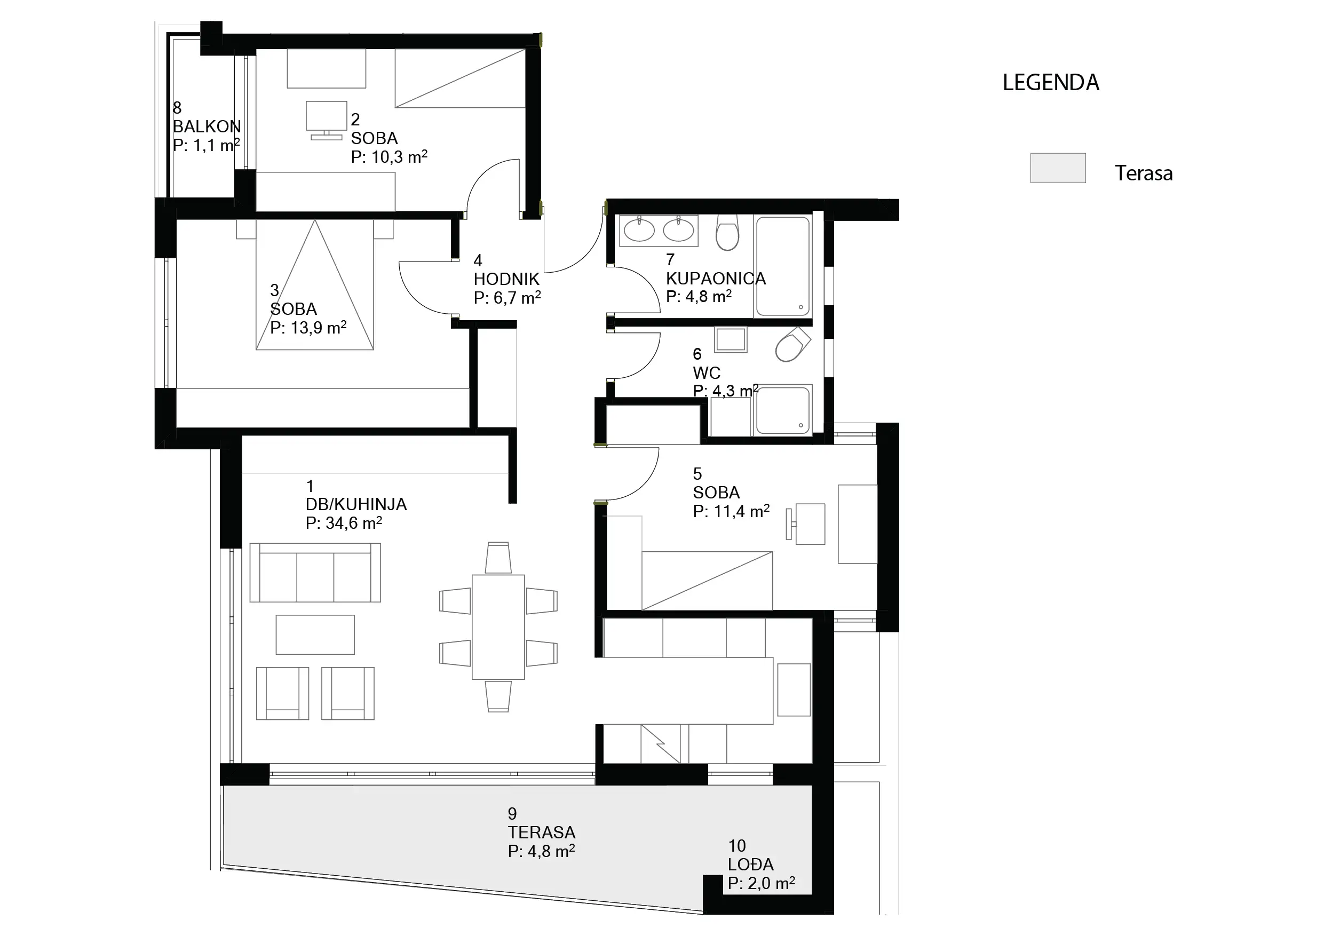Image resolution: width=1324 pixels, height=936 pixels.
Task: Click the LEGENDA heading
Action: coord(1051,83)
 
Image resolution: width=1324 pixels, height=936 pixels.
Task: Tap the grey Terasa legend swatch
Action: coord(1058,168)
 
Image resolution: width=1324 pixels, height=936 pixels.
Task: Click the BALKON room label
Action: coord(207,126)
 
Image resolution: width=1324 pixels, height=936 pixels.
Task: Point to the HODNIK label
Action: coord(506,279)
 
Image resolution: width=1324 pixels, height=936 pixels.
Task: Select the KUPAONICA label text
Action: coord(716,279)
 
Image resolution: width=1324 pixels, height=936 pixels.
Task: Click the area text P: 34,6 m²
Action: coord(344,522)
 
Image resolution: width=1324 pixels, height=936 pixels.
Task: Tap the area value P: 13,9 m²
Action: coord(308,328)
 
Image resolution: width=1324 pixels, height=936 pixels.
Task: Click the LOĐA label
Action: coord(751,864)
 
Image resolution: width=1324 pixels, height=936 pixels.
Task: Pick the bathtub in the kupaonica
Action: coord(782,266)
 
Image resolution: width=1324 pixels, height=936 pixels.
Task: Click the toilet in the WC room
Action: coord(792,344)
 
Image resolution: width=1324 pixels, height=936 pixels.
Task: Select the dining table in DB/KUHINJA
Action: coord(498,627)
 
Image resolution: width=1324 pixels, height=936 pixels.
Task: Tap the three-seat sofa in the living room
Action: coord(315,573)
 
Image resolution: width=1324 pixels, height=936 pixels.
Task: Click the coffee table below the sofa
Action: coord(315,634)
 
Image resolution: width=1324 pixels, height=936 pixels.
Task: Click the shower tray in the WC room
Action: coord(783,410)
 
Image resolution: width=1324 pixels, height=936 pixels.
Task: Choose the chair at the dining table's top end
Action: coord(498,557)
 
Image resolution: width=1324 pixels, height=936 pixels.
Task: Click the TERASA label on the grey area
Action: coord(542,832)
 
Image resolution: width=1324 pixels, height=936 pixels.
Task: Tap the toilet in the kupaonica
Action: coord(727,233)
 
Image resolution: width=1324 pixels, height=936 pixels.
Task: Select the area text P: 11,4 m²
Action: coord(731,511)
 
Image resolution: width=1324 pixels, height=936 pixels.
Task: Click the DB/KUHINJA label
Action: coord(356,504)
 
